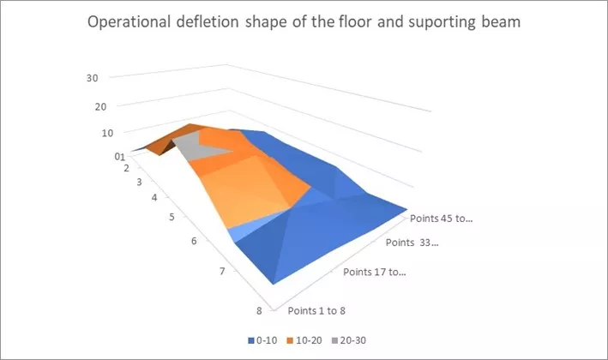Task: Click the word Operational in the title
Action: (x=129, y=22)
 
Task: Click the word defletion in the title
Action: (x=208, y=21)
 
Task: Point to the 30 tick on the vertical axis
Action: (x=93, y=78)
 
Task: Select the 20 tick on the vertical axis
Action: (x=100, y=106)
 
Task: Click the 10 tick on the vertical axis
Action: (x=107, y=134)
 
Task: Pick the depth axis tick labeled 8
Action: (x=259, y=311)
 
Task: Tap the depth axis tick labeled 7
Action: (x=222, y=271)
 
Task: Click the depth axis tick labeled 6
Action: (x=194, y=241)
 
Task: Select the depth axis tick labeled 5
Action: (x=172, y=217)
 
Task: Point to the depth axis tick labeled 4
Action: (x=154, y=198)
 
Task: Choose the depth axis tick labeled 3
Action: (x=139, y=182)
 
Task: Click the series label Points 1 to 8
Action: (x=316, y=311)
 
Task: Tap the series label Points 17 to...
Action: (x=375, y=272)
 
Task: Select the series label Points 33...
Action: (x=412, y=243)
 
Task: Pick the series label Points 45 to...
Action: (x=442, y=219)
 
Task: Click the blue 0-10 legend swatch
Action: (x=251, y=340)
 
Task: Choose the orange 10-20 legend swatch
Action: (x=290, y=340)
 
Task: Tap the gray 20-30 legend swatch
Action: (x=334, y=340)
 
